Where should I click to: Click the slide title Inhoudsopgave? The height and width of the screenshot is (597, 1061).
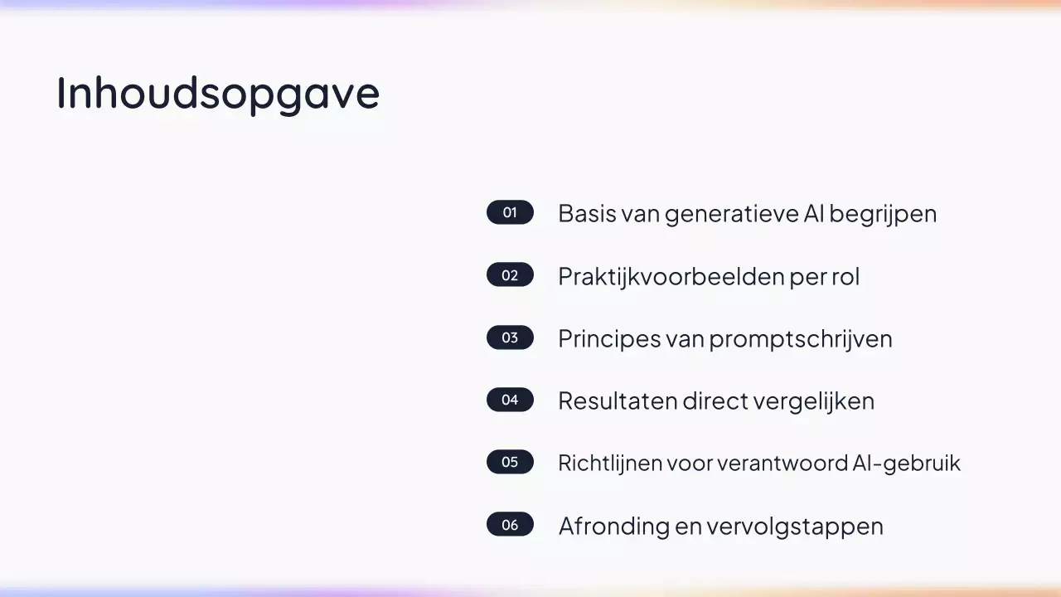[217, 93]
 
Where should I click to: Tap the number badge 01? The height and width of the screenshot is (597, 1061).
[510, 212]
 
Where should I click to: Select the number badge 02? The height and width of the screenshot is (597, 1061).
[510, 275]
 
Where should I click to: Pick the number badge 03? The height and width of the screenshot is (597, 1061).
[510, 337]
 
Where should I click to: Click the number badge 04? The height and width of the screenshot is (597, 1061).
[510, 400]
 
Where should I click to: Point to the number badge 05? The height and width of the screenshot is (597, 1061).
[510, 462]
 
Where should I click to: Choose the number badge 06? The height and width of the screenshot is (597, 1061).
[510, 525]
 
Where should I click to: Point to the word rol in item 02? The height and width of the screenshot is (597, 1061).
[845, 276]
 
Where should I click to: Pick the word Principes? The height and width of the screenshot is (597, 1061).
[608, 339]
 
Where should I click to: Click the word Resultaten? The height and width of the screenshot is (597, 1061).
[617, 401]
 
